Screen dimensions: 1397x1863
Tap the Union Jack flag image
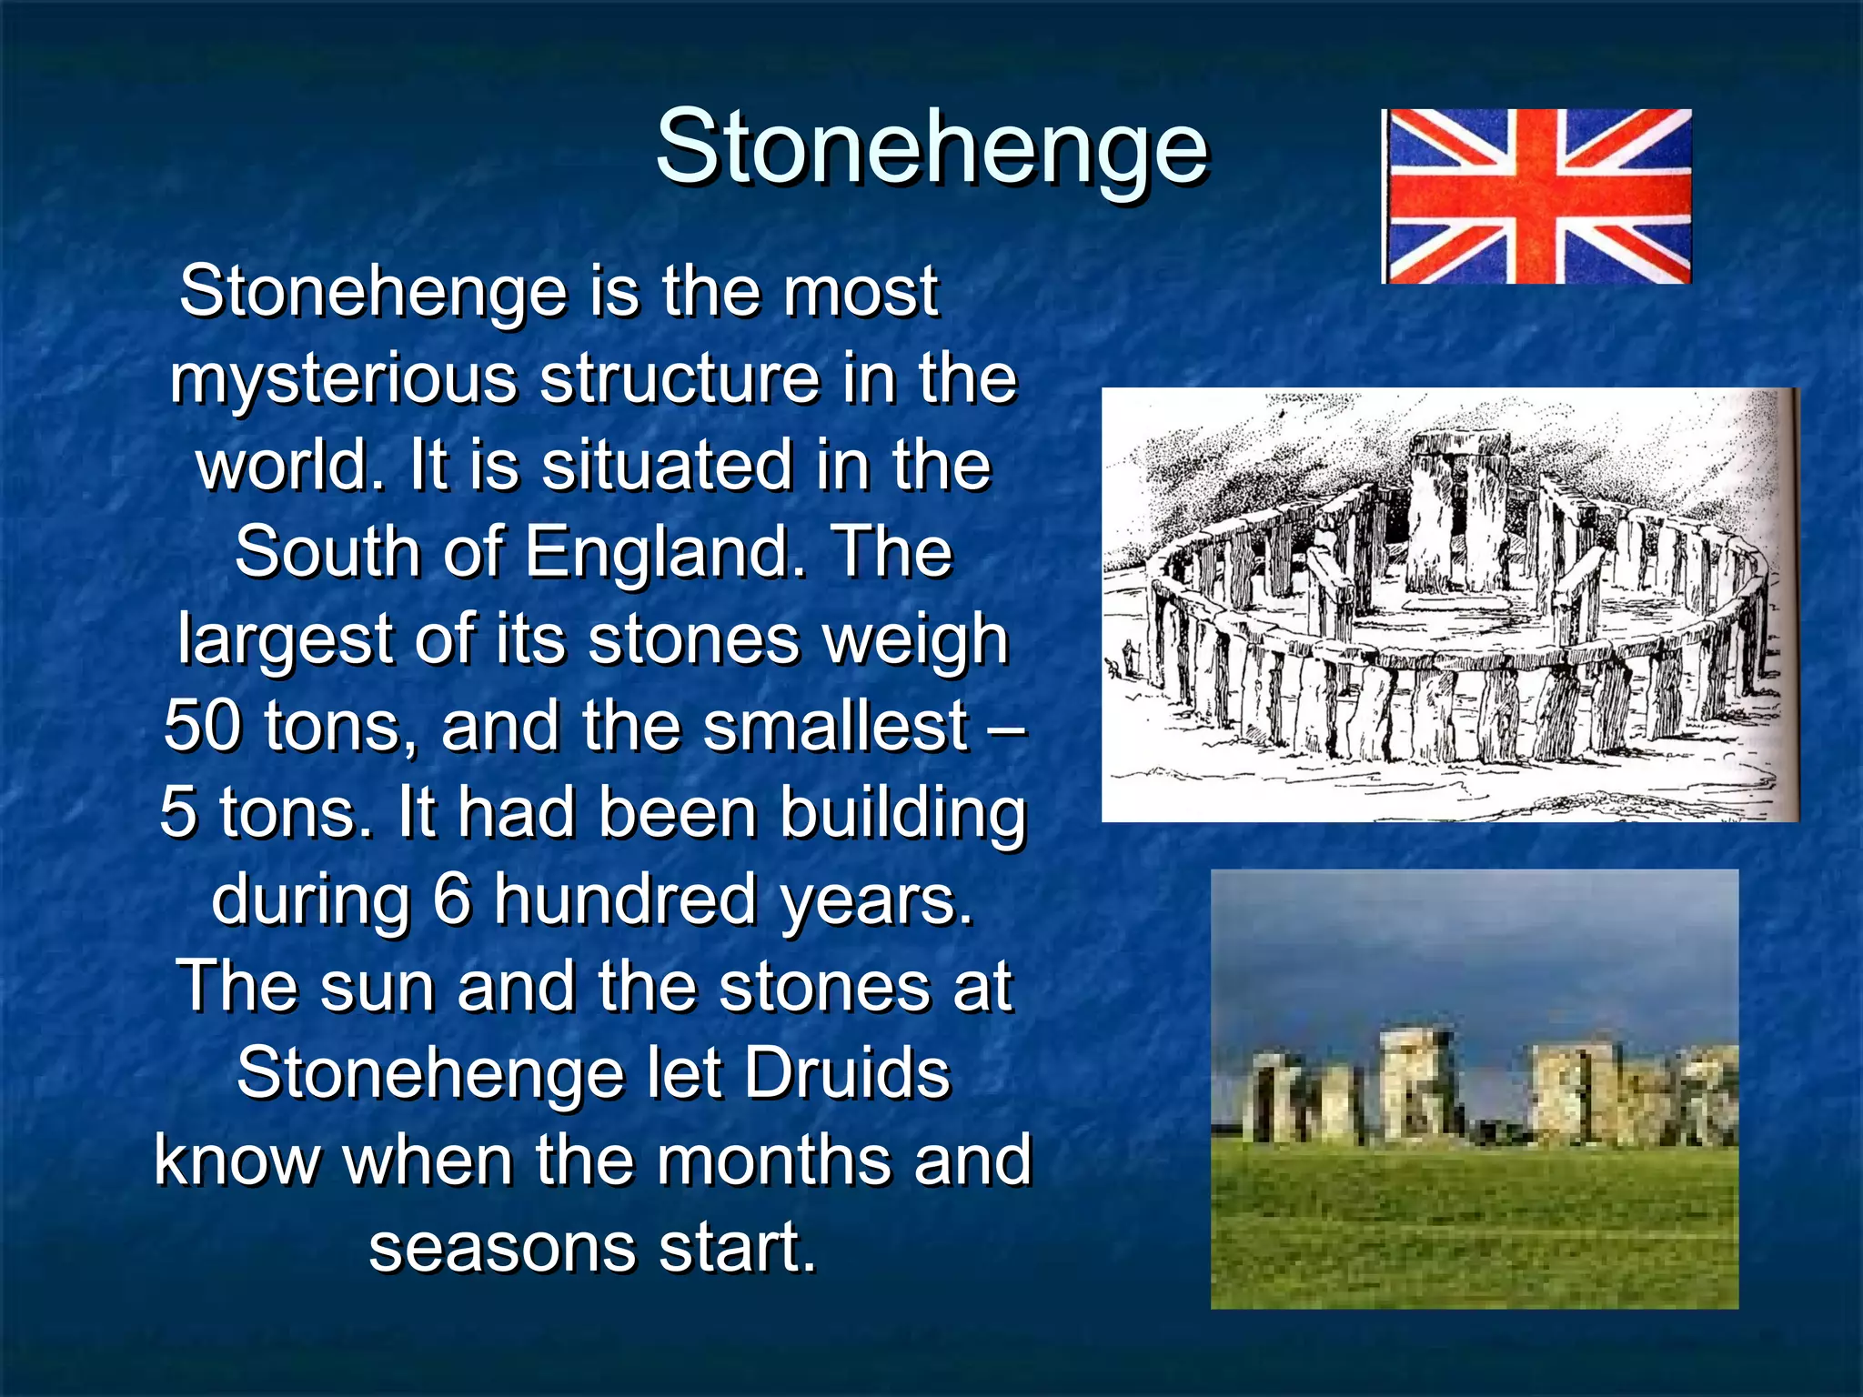coord(1536,196)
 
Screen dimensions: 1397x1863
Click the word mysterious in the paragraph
coord(342,378)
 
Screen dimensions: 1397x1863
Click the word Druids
coord(848,1073)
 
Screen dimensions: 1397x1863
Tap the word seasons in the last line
coord(501,1247)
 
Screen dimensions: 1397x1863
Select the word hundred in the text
coord(625,900)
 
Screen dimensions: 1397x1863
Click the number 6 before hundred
coord(451,900)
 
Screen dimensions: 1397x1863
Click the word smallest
coord(835,726)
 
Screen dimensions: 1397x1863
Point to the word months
coord(777,1161)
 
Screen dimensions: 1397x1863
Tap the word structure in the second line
coord(680,378)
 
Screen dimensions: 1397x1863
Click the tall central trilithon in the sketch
coord(1455,509)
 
